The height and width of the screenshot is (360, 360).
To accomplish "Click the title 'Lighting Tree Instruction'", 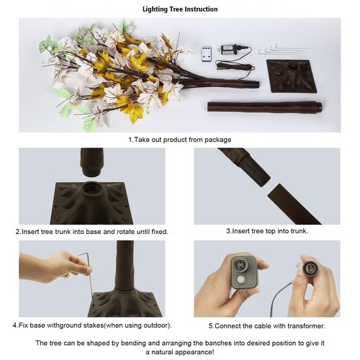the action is coord(180,9).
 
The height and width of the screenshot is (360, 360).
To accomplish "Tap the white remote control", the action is coord(207,55).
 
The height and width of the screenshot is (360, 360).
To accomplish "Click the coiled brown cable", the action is coord(235,66).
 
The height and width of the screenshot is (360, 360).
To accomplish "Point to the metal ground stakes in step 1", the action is coord(284,50).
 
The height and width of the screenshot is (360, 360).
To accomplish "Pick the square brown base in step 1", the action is coord(292,76).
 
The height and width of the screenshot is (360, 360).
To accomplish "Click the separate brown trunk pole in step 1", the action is coord(265,107).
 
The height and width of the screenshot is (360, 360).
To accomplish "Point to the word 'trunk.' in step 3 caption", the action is coord(300,231).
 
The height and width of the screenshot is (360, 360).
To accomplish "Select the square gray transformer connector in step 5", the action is coord(244,272).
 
